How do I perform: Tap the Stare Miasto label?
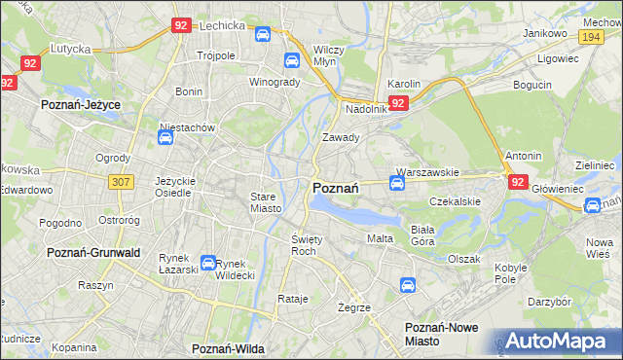(x=265, y=202)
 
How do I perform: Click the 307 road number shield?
(x=122, y=181)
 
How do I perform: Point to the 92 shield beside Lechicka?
(x=180, y=26)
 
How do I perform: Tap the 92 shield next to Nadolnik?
(x=397, y=102)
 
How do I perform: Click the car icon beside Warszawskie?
(x=397, y=182)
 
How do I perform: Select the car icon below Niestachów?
(x=165, y=138)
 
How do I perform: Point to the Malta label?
(x=380, y=237)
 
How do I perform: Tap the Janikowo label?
(x=544, y=33)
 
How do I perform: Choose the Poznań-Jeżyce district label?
(x=78, y=102)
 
